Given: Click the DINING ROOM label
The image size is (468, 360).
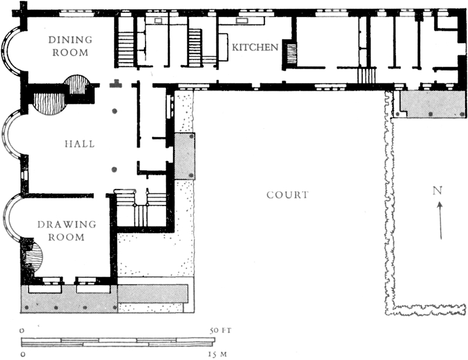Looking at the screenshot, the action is click(70, 46).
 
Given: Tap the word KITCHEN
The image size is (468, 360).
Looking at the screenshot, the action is click(255, 47).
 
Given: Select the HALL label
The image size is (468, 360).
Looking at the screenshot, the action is click(80, 144).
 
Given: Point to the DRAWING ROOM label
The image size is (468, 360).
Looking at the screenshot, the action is click(67, 231).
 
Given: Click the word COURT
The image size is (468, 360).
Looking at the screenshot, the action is click(287, 195).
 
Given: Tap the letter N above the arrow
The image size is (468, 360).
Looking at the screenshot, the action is click(437, 191).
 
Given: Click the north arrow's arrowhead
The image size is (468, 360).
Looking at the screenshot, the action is click(439, 205).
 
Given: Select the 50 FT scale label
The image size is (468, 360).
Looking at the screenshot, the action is click(221, 331).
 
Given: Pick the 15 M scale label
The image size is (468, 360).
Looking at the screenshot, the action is click(218, 355).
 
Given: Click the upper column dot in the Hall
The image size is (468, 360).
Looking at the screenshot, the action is click(114, 111).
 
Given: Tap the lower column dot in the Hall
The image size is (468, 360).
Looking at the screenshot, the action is click(114, 170).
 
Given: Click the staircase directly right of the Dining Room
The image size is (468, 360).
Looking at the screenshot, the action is click(126, 49).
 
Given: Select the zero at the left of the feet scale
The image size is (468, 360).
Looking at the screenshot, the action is click(22, 331).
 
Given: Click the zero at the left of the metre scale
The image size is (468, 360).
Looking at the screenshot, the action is click(22, 355).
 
